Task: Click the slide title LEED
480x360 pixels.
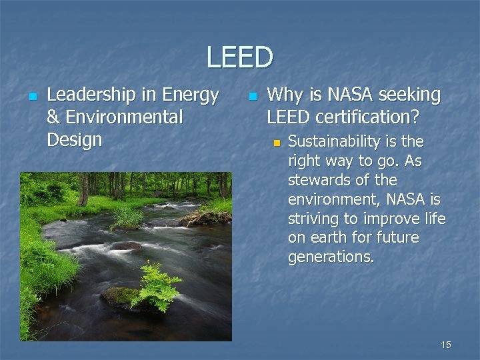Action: tap(239, 57)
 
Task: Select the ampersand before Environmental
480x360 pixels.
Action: tap(53, 118)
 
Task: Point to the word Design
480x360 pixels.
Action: tap(74, 140)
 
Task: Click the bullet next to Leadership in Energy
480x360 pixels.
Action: tap(31, 97)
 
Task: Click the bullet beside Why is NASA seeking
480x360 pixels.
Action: tap(251, 97)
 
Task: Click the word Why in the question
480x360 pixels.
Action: tap(284, 96)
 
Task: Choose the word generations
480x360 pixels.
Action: tap(331, 257)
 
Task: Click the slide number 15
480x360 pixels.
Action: tap(446, 345)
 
